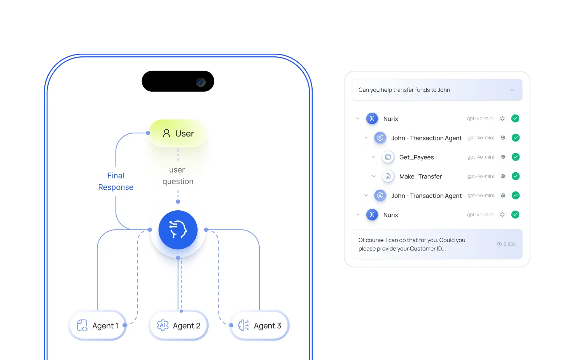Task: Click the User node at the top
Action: pos(178,133)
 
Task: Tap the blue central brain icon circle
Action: pos(178,230)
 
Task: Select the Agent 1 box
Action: pos(98,325)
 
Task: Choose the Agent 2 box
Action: pos(178,325)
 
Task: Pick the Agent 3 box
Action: pos(259,325)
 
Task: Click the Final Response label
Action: pos(115,182)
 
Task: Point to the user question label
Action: pos(178,176)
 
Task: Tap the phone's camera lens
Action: pos(201,82)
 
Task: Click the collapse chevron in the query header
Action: pos(512,90)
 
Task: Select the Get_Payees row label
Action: pos(416,157)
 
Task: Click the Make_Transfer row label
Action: pos(420,177)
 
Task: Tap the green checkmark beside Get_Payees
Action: pos(516,157)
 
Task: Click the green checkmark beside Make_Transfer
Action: pos(516,176)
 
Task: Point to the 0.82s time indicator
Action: pos(506,244)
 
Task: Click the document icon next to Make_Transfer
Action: pos(388,176)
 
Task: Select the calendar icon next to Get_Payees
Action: pos(388,157)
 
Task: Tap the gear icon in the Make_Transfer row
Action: pos(503,176)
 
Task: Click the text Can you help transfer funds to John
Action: pos(404,90)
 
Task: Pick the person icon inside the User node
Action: pos(166,133)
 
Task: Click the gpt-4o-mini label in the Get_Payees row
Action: pos(481,157)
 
